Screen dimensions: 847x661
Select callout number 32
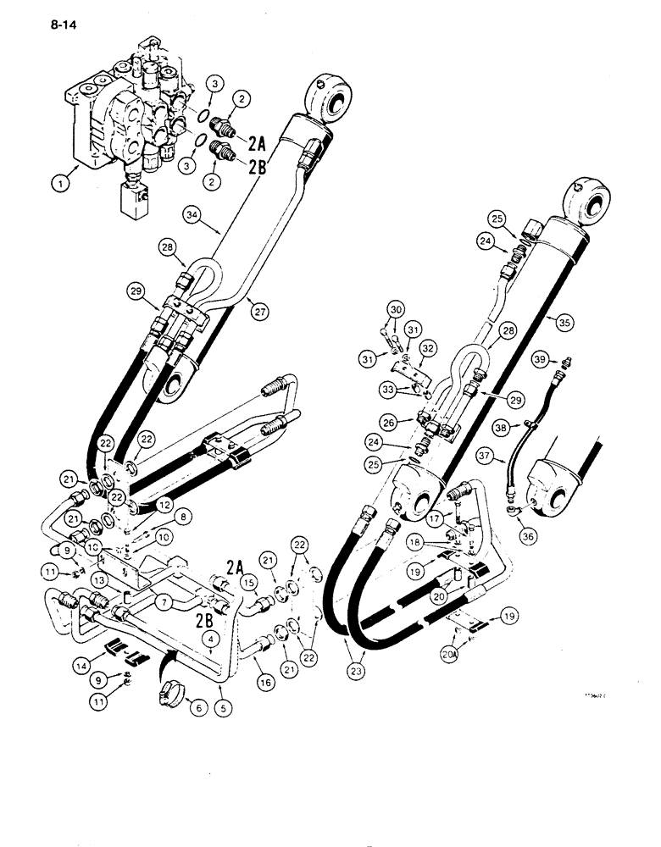(426, 349)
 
